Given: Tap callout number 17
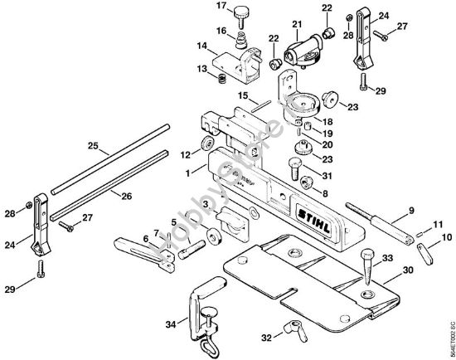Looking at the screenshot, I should tap(198, 7).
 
